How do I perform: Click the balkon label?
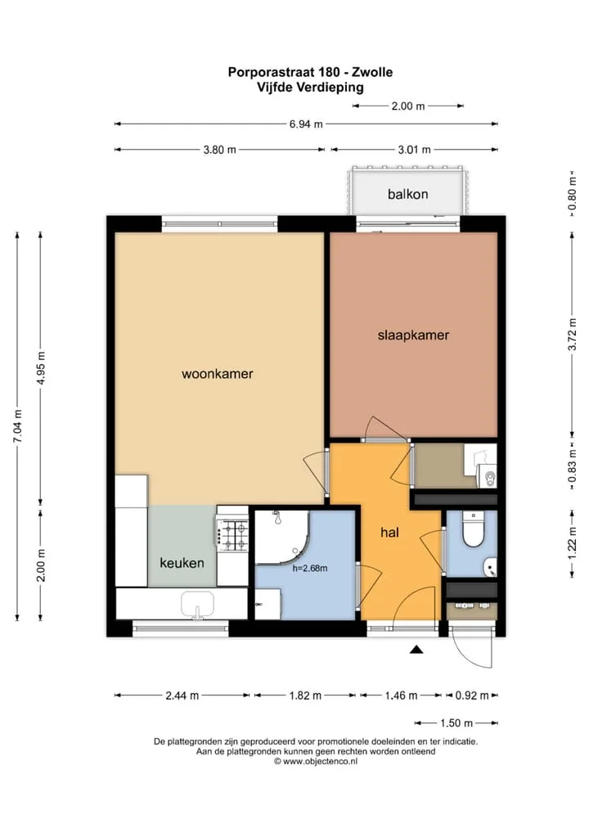408,194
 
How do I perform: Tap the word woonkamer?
218,374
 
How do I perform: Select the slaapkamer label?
413,335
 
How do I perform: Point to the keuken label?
182,563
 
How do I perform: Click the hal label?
389,533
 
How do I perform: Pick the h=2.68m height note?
310,569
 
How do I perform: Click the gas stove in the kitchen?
232,534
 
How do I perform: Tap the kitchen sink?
197,605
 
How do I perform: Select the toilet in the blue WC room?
472,529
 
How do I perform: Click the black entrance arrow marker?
416,649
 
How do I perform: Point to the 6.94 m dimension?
306,124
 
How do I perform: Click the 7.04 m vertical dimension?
17,426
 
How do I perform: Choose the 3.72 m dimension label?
572,334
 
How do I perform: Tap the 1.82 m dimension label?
305,696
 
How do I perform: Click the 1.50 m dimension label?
456,723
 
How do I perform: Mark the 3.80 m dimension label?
219,150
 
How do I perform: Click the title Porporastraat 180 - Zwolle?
310,72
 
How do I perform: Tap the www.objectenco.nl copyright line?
316,761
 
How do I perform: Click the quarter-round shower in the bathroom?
281,537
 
